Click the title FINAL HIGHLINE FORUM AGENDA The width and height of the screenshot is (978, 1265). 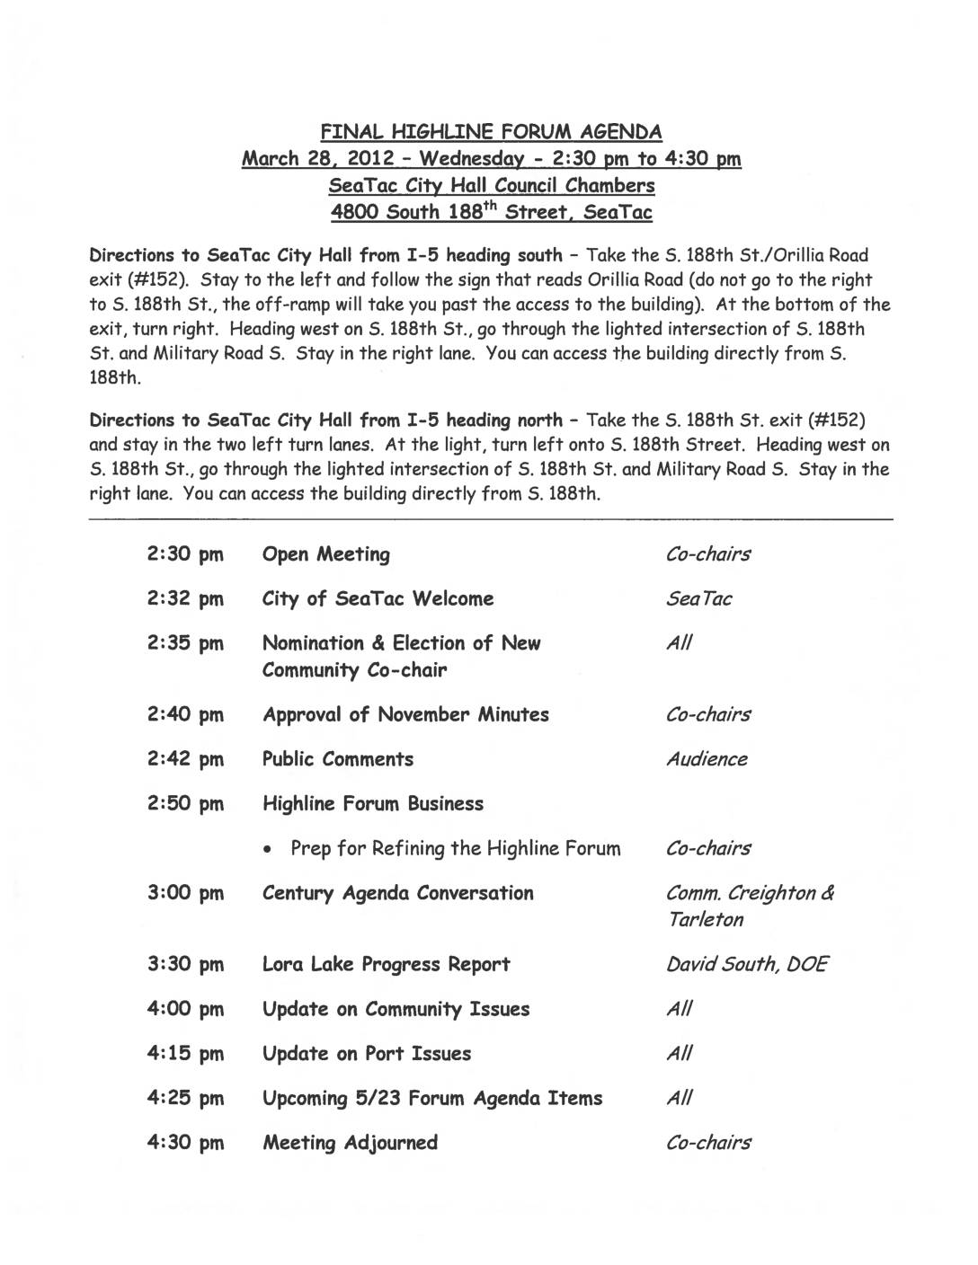492,132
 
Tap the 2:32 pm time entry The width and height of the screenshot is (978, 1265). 184,599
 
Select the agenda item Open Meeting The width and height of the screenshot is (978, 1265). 325,554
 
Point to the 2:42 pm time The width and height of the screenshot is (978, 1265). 184,760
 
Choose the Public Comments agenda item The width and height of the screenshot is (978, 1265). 337,759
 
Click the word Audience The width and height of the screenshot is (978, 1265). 707,759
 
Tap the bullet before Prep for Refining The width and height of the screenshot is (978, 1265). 271,850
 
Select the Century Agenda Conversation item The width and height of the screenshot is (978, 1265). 397,893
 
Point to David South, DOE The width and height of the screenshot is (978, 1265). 747,965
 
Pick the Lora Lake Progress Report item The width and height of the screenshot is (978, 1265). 386,965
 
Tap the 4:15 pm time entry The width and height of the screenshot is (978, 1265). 184,1054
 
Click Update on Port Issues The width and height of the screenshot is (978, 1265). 366,1054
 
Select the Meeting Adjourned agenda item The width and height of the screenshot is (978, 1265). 350,1143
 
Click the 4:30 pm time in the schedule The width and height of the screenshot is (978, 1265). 184,1143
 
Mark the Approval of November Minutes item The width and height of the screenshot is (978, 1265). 405,715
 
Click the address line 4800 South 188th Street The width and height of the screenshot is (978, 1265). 492,213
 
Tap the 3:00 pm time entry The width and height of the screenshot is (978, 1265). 184,894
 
